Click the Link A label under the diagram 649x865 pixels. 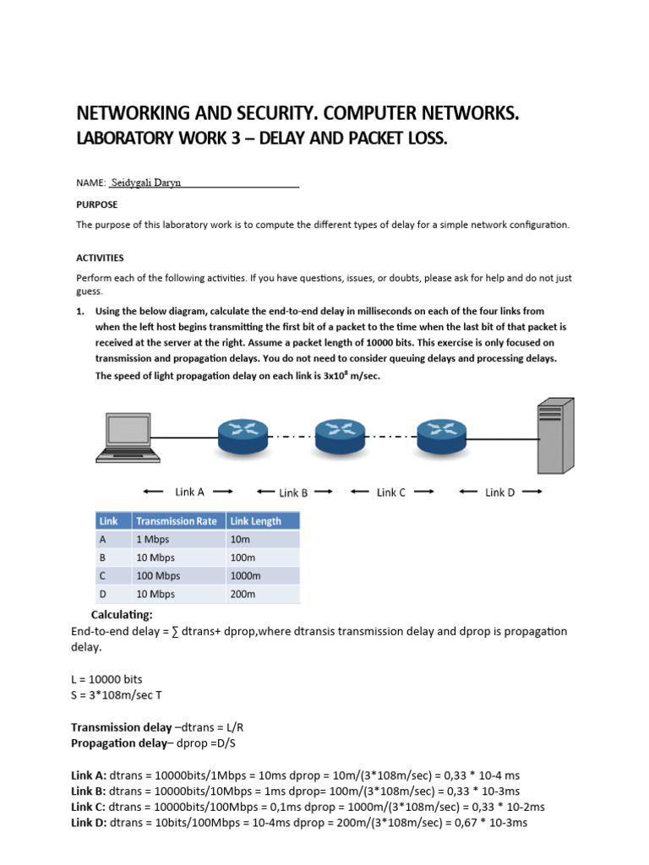[189, 492]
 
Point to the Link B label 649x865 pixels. [293, 492]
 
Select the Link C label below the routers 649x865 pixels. [391, 492]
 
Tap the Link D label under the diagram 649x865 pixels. [499, 492]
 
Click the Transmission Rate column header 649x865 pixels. [177, 521]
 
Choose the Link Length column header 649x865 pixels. [254, 521]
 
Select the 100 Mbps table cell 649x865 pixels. [157, 575]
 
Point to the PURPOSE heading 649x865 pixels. [97, 204]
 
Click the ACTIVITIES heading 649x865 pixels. [100, 258]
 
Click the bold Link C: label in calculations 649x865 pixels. [89, 807]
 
